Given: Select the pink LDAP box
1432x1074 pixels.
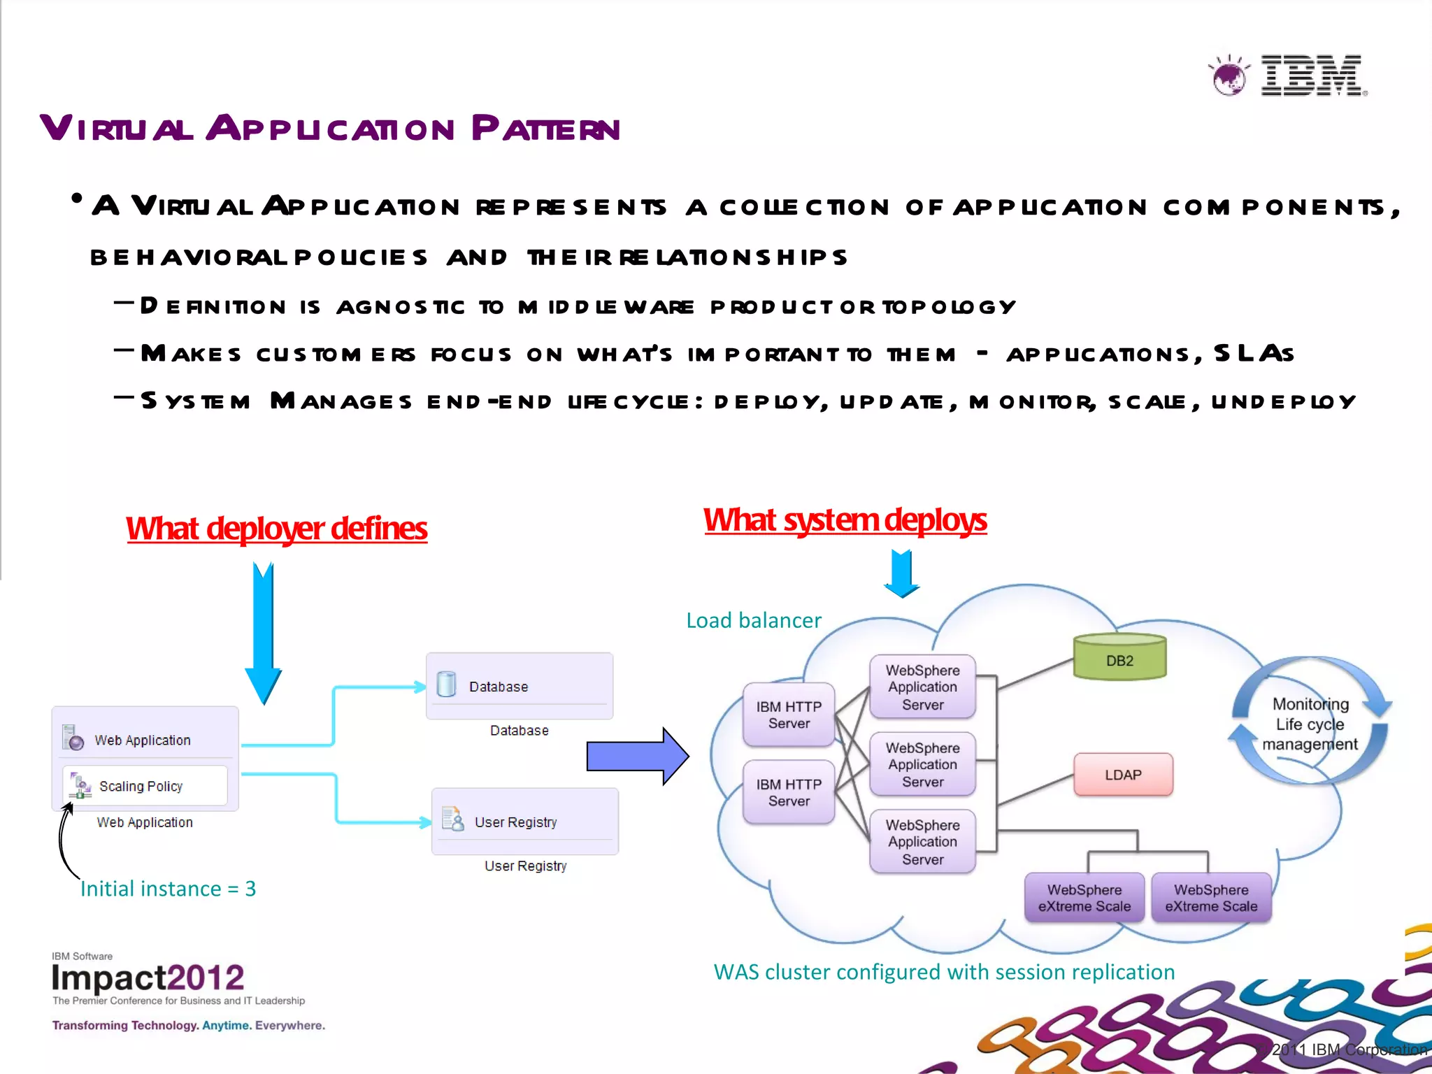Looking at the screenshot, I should point(1123,775).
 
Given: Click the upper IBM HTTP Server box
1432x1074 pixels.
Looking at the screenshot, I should point(789,715).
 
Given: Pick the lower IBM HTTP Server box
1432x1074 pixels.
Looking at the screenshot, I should point(789,792).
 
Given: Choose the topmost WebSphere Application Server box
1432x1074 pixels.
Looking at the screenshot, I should point(922,687).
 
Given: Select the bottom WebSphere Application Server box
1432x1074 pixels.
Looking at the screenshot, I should point(922,842).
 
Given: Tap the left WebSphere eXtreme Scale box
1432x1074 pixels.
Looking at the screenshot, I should point(1084,898).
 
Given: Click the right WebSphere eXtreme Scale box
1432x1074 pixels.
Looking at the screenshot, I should point(1211,898).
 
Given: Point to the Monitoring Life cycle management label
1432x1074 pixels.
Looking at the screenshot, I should point(1310,724).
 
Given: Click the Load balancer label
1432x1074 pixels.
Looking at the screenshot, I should point(753,620).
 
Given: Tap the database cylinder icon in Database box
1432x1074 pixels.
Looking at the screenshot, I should point(446,685).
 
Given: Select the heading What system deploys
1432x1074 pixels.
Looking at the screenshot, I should point(845,520).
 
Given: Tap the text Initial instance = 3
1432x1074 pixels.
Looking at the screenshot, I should point(168,889).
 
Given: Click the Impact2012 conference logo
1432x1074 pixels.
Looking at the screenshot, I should point(148,978).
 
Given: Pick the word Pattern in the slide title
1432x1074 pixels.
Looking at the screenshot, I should point(545,129).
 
